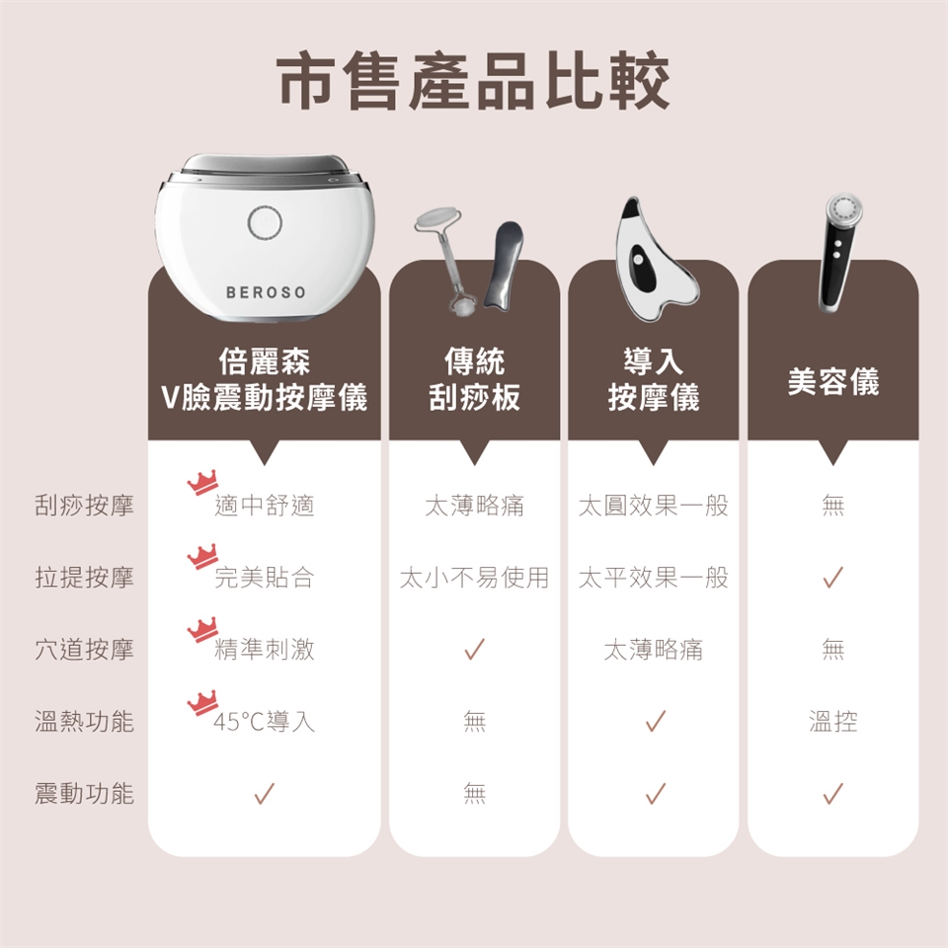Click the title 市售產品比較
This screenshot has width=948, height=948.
(473, 81)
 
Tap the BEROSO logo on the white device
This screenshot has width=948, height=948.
(266, 292)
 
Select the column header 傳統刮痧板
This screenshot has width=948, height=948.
(474, 379)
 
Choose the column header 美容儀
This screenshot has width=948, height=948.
(833, 381)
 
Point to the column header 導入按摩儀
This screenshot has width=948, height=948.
(654, 379)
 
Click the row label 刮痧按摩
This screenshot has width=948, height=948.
(84, 506)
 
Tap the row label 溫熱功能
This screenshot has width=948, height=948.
(84, 721)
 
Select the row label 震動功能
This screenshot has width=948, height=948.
(84, 793)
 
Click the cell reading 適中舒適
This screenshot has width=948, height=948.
(265, 506)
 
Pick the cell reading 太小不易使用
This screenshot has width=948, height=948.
(474, 578)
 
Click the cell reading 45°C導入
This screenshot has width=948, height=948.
(265, 721)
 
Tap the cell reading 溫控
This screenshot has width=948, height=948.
(833, 721)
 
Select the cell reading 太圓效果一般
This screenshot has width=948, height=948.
(654, 506)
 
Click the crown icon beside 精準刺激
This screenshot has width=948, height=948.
(202, 630)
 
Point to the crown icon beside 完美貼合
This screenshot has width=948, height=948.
(202, 557)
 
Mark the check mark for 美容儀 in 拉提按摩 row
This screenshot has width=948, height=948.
(833, 578)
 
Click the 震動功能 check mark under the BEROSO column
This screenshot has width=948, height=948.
(265, 793)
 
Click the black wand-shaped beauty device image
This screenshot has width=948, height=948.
(839, 252)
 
